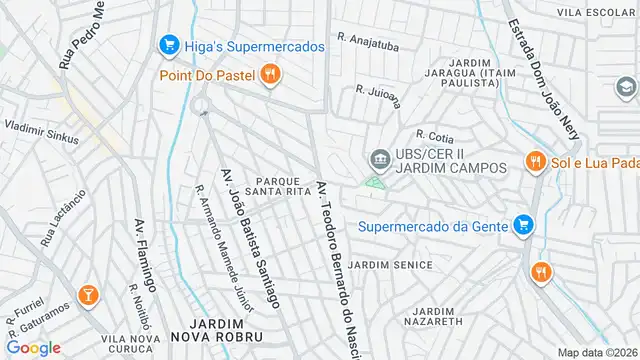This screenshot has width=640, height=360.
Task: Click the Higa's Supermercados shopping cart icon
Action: [168, 46]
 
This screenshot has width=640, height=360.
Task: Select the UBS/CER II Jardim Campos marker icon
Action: [380, 159]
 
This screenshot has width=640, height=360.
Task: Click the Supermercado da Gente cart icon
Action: [521, 225]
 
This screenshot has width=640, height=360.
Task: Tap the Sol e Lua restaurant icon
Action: [536, 161]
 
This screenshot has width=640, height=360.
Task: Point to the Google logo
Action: [33, 347]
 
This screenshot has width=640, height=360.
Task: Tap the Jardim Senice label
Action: [399, 265]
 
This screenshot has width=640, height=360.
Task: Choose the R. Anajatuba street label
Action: [369, 41]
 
